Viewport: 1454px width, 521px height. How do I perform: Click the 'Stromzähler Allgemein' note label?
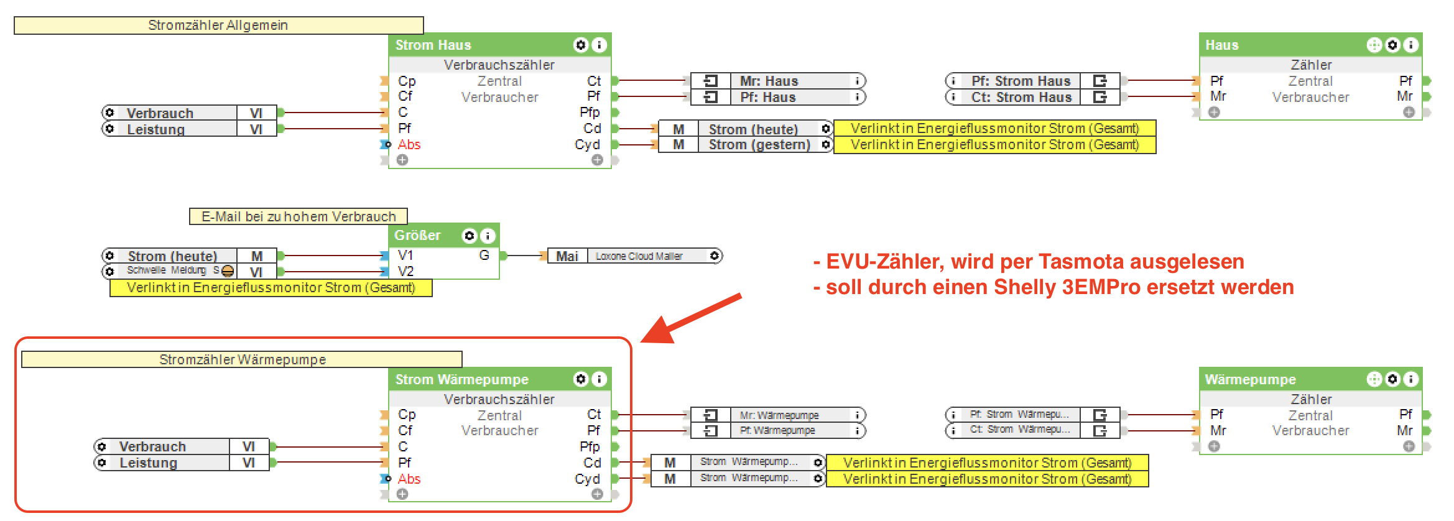tap(218, 25)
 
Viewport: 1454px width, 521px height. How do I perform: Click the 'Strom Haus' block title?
tap(433, 45)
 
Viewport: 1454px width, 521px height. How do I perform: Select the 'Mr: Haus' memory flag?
tap(769, 81)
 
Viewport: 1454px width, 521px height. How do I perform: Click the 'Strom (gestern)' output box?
tap(759, 145)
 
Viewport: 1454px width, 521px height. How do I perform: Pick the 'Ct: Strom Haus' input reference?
tap(1021, 97)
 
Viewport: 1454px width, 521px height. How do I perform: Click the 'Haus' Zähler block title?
tap(1222, 45)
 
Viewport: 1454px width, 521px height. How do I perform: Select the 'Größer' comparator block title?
tap(417, 236)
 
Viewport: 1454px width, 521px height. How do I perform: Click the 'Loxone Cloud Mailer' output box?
tap(639, 256)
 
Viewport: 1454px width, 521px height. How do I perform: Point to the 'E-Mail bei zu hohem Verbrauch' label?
tap(299, 216)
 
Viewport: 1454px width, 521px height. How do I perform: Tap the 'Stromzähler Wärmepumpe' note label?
tap(243, 360)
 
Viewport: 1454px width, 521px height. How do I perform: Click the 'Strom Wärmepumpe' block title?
tap(462, 379)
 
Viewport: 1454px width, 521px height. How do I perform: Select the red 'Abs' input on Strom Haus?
tap(409, 145)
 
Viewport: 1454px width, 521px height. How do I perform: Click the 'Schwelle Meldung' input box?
tap(167, 271)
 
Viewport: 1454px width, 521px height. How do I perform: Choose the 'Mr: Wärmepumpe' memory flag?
tap(779, 415)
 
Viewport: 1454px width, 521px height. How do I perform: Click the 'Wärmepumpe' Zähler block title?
tap(1250, 379)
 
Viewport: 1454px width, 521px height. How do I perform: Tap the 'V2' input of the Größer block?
tap(405, 272)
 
